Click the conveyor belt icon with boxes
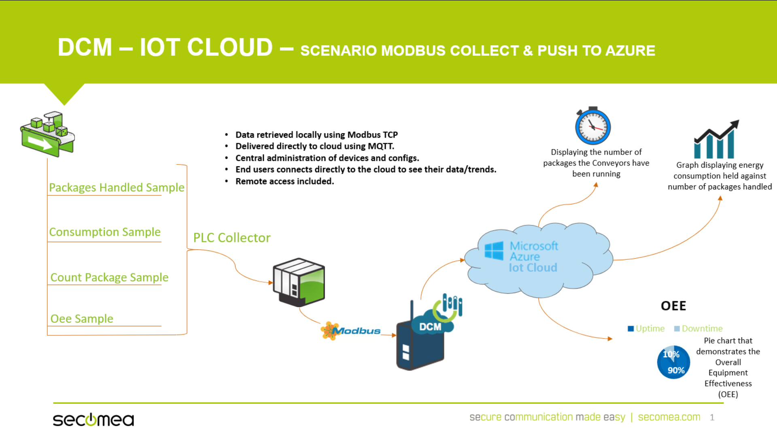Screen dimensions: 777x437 point(48,134)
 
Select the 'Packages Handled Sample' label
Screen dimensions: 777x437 point(117,187)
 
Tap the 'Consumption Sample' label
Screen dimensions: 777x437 point(105,232)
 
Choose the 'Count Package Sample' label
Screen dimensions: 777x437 point(109,277)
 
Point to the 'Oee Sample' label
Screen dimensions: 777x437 point(82,318)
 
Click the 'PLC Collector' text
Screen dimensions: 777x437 point(232,238)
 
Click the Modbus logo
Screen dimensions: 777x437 point(351,331)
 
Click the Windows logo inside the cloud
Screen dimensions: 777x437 point(494,250)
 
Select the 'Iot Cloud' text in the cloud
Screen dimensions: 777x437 point(533,267)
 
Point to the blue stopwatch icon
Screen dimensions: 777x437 point(593,126)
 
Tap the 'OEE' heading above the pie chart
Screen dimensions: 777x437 point(673,306)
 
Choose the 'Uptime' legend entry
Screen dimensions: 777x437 point(646,329)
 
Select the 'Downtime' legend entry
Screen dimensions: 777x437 point(698,329)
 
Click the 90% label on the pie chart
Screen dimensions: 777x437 point(676,370)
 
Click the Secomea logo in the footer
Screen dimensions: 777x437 point(93,420)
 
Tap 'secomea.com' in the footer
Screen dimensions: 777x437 point(669,417)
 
